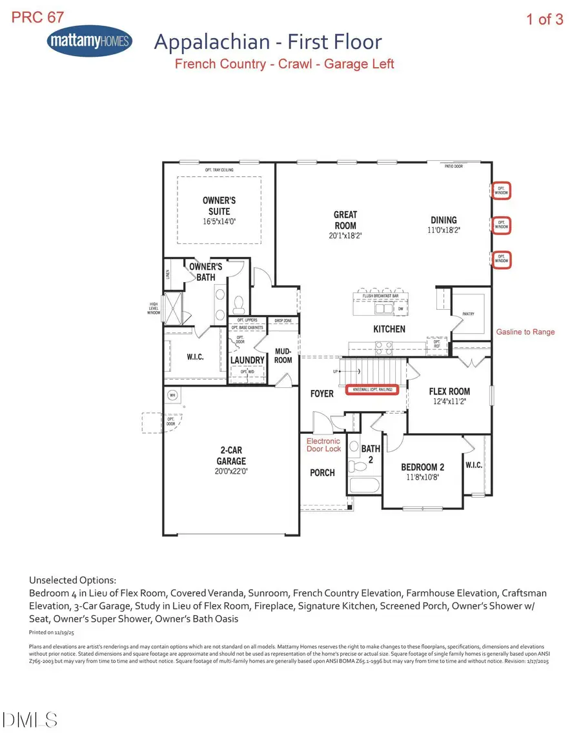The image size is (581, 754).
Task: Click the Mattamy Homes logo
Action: tap(89, 42)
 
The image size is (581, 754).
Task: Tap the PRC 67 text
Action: tap(37, 17)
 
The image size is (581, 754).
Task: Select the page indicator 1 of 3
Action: tap(544, 19)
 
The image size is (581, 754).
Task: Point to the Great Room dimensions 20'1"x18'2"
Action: tap(345, 236)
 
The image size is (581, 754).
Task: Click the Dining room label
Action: tap(443, 220)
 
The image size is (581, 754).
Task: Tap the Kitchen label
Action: tap(389, 329)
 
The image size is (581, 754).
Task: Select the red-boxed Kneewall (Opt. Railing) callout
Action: tap(372, 390)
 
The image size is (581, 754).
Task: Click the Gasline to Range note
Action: tap(525, 332)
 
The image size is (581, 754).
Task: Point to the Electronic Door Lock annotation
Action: tap(323, 445)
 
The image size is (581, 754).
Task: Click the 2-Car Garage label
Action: tap(231, 456)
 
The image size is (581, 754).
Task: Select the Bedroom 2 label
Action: tap(423, 467)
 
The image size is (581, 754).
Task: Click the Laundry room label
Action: tap(247, 360)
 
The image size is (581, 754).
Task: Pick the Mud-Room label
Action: tap(283, 356)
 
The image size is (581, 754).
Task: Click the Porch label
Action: tap(322, 473)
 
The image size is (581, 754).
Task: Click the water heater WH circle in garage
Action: tap(172, 394)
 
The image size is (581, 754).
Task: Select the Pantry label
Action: tap(468, 314)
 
